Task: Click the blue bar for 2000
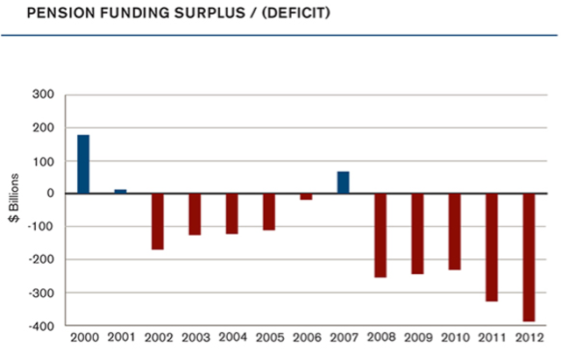(83, 164)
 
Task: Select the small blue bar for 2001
(120, 191)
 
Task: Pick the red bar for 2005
(268, 212)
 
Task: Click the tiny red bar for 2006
(306, 197)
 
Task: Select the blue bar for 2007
(343, 182)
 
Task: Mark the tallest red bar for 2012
(529, 258)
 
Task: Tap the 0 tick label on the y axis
(51, 194)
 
